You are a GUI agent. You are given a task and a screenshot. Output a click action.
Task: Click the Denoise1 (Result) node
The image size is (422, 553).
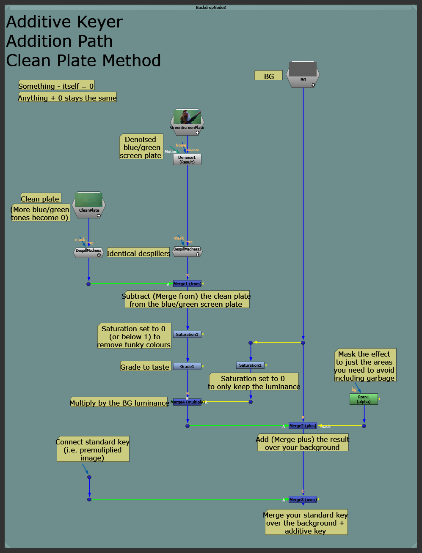[187, 160]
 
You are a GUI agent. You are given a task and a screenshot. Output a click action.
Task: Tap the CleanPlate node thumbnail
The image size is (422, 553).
[89, 200]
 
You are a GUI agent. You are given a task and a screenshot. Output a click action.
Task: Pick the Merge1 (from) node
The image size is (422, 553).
[187, 284]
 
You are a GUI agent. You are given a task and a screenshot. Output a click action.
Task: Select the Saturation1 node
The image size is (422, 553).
[187, 335]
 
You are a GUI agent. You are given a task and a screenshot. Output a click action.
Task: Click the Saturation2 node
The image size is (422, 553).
[250, 365]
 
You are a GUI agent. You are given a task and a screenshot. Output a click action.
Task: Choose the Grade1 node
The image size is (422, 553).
[187, 366]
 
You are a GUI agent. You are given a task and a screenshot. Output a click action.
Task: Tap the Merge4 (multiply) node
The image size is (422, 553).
[187, 402]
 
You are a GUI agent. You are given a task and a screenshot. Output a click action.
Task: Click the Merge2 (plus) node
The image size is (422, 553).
[303, 426]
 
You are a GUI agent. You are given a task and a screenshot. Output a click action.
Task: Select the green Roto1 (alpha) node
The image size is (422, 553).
[364, 399]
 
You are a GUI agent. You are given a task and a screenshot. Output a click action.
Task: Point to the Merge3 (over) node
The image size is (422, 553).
[303, 500]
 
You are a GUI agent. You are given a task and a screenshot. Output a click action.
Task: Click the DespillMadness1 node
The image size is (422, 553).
[187, 252]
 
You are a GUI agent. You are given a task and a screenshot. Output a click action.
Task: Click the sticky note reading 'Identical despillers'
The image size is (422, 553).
[138, 253]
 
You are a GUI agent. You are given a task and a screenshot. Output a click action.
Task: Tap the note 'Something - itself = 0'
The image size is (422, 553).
[56, 86]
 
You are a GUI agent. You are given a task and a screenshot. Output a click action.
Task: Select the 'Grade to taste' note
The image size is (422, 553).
[145, 367]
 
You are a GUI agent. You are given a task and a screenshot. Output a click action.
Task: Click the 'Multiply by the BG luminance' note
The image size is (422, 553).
[119, 403]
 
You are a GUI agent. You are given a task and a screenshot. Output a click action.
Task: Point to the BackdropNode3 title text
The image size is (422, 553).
[211, 8]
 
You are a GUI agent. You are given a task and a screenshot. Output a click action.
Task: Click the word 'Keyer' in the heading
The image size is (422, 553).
[97, 22]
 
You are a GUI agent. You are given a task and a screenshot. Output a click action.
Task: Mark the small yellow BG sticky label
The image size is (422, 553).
[268, 76]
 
